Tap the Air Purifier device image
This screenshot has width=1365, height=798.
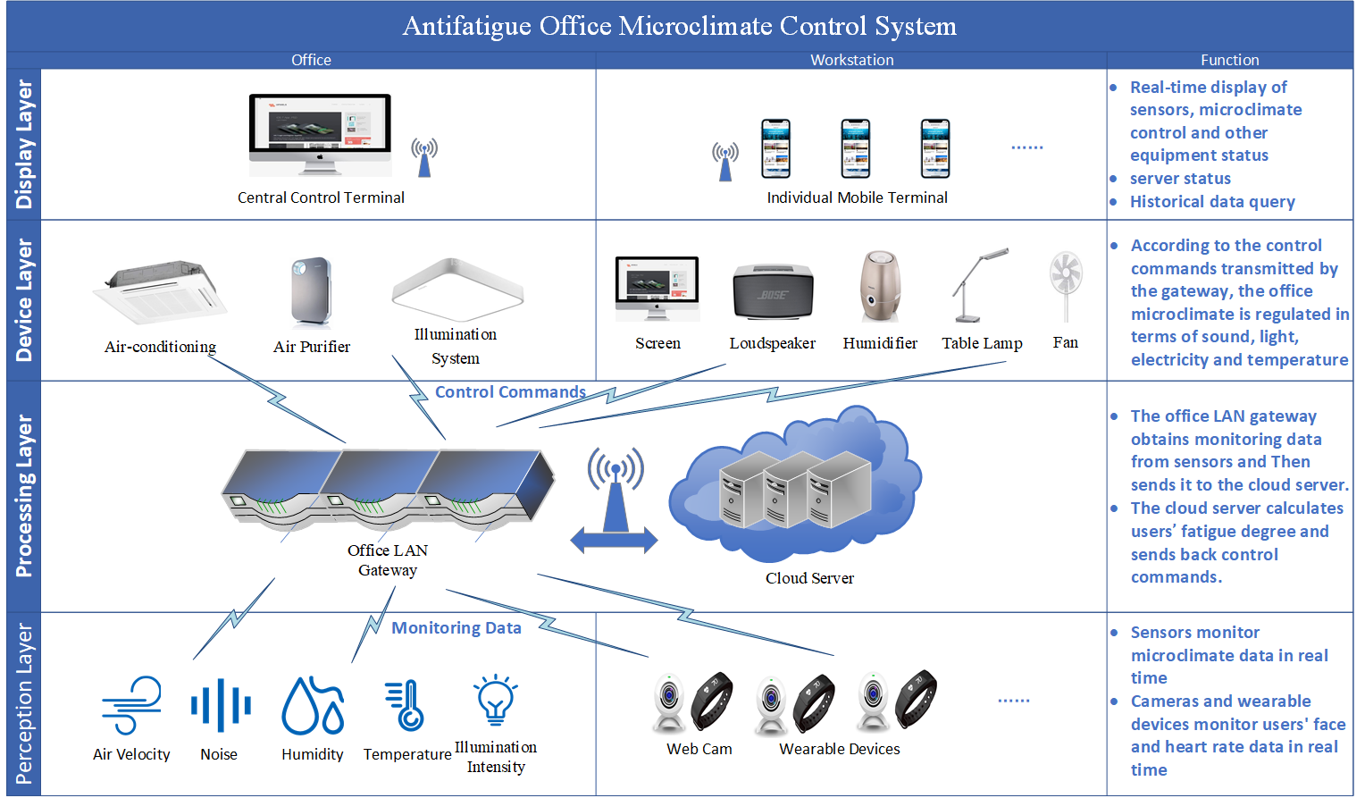click(312, 292)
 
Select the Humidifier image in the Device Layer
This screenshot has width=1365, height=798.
click(880, 287)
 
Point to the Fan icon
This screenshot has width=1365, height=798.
click(1066, 285)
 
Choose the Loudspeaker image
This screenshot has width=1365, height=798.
click(773, 291)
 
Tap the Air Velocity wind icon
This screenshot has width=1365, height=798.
click(132, 705)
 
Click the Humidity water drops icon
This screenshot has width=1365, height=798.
click(313, 706)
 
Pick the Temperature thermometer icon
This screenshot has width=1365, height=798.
click(405, 705)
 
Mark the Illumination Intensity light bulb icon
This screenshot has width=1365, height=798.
click(495, 700)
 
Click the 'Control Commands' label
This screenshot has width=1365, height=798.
click(510, 392)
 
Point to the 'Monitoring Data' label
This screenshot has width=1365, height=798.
click(456, 628)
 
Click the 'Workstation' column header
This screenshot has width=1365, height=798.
click(851, 60)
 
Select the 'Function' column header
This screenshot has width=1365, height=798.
click(1229, 60)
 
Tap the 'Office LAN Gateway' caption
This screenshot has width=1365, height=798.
click(388, 560)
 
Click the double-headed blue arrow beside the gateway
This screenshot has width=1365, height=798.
click(614, 540)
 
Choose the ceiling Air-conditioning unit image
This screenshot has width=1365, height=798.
click(160, 291)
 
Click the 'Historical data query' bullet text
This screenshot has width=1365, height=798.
click(1212, 202)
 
